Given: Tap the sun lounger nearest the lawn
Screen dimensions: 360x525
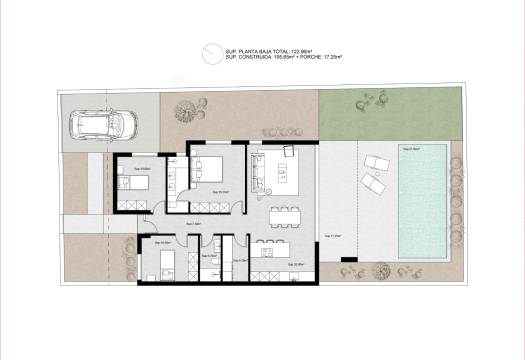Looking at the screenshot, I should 378,162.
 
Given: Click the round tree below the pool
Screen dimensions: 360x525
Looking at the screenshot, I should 381,269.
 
